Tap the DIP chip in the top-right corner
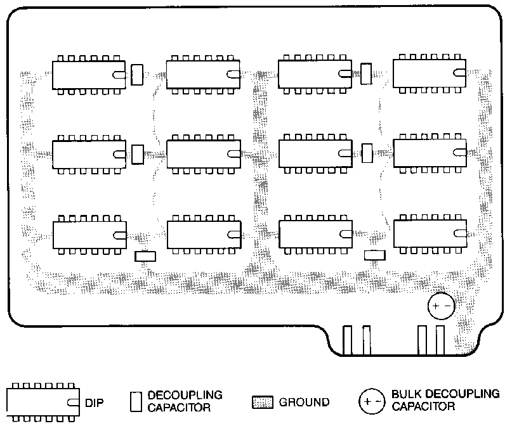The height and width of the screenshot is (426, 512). [430, 75]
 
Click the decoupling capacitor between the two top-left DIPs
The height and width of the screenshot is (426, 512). [137, 74]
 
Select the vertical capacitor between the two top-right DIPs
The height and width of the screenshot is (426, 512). [365, 74]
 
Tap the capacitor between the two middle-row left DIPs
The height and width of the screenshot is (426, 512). [137, 154]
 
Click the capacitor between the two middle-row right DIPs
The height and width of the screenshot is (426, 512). [366, 153]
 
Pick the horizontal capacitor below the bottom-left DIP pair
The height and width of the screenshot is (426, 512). [145, 256]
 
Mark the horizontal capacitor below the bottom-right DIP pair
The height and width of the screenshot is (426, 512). [374, 255]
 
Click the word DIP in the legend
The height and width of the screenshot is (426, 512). [94, 402]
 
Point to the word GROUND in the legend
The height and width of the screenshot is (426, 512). [304, 402]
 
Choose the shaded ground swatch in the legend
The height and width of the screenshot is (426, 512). [263, 403]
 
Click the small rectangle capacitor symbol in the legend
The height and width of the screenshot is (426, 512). [135, 401]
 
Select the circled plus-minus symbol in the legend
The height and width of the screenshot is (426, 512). [371, 401]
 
